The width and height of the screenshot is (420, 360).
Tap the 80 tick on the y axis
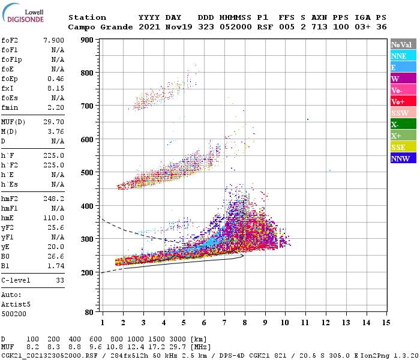coord(89,313)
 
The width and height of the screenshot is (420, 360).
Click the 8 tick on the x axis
coord(245,323)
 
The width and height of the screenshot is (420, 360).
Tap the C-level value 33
coord(59,280)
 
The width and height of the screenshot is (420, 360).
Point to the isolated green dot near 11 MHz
coord(307,119)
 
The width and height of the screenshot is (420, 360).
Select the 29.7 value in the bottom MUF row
coord(180,347)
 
